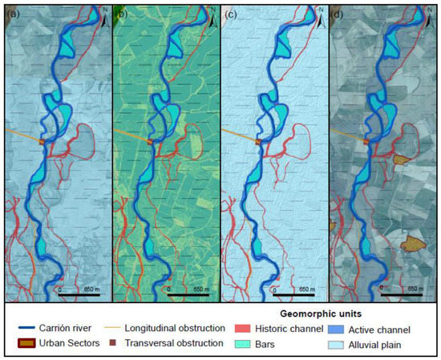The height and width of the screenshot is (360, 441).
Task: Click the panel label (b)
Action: point(121,14)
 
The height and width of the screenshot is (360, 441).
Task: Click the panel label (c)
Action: point(229,14)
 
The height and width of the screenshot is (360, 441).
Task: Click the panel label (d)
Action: point(336,14)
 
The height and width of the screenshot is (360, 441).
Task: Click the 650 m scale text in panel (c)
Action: point(306,287)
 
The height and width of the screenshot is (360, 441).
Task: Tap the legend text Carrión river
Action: point(72,329)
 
